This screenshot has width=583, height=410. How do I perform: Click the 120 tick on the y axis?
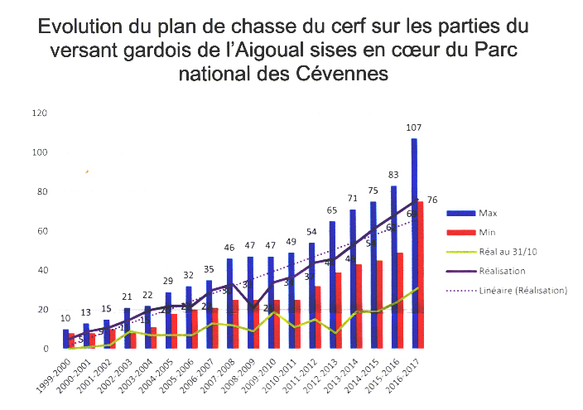coord(38,113)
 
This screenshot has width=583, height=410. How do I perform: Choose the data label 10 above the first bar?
coord(65,319)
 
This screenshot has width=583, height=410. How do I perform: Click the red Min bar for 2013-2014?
coord(359,306)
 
